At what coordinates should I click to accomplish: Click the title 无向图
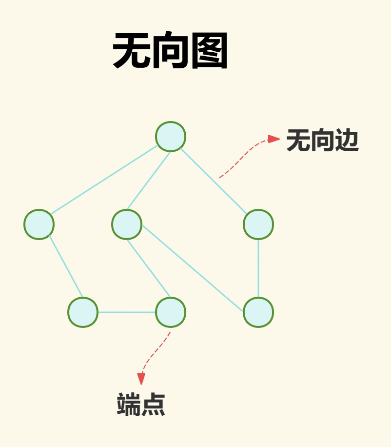170,50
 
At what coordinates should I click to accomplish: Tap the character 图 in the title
209,50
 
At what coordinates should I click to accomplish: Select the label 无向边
322,140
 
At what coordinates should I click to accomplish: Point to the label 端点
141,404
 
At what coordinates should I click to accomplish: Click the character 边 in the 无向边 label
347,140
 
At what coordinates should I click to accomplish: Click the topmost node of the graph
171,137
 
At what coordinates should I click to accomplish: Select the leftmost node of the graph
39,224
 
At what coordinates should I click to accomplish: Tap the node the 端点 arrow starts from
171,312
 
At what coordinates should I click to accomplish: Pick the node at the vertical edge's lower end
258,312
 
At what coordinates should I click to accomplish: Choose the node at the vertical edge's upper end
258,224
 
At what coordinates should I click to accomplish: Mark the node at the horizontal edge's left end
83,312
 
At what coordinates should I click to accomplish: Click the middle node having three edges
127,224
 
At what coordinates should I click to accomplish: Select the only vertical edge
258,268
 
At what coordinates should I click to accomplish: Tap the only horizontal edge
127,312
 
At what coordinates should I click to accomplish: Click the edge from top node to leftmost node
104,180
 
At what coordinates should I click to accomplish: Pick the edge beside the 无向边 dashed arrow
214,181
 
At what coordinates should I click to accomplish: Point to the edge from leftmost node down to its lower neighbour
66,266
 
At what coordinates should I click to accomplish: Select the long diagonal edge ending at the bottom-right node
193,268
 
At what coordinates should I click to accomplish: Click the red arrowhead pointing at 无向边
274,139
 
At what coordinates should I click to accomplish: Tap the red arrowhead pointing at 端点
141,379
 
